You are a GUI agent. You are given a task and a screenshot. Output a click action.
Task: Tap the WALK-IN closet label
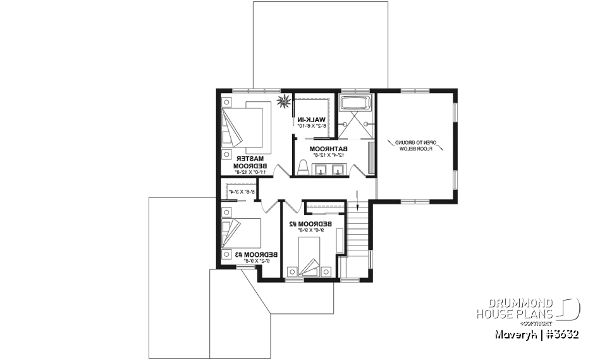[x=314, y=119]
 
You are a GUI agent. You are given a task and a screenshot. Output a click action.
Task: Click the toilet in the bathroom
[x=302, y=168]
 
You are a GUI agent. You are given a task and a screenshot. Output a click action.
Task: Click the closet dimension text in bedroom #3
[x=242, y=191]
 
